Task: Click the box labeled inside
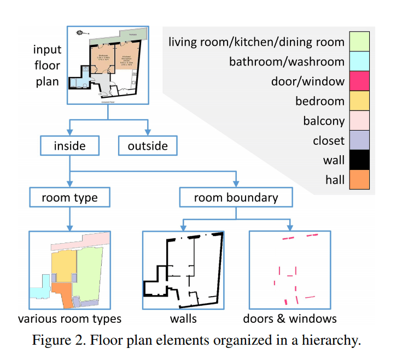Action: [69, 146]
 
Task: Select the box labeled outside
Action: [147, 146]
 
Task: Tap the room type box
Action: [69, 198]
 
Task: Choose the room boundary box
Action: [236, 198]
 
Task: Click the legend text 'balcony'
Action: [324, 121]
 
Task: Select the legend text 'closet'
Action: [329, 140]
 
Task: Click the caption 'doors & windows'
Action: [290, 318]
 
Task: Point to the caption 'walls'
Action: [183, 318]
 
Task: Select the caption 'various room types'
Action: [69, 318]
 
